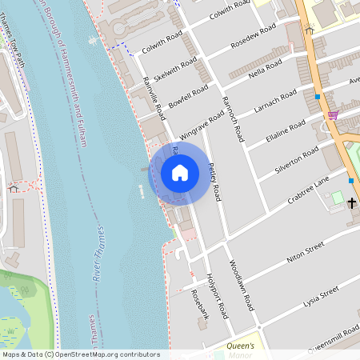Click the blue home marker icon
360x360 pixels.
point(180,173)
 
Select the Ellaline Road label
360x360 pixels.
point(286,131)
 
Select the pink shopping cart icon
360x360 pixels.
point(332,115)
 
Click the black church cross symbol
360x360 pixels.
point(351,202)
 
